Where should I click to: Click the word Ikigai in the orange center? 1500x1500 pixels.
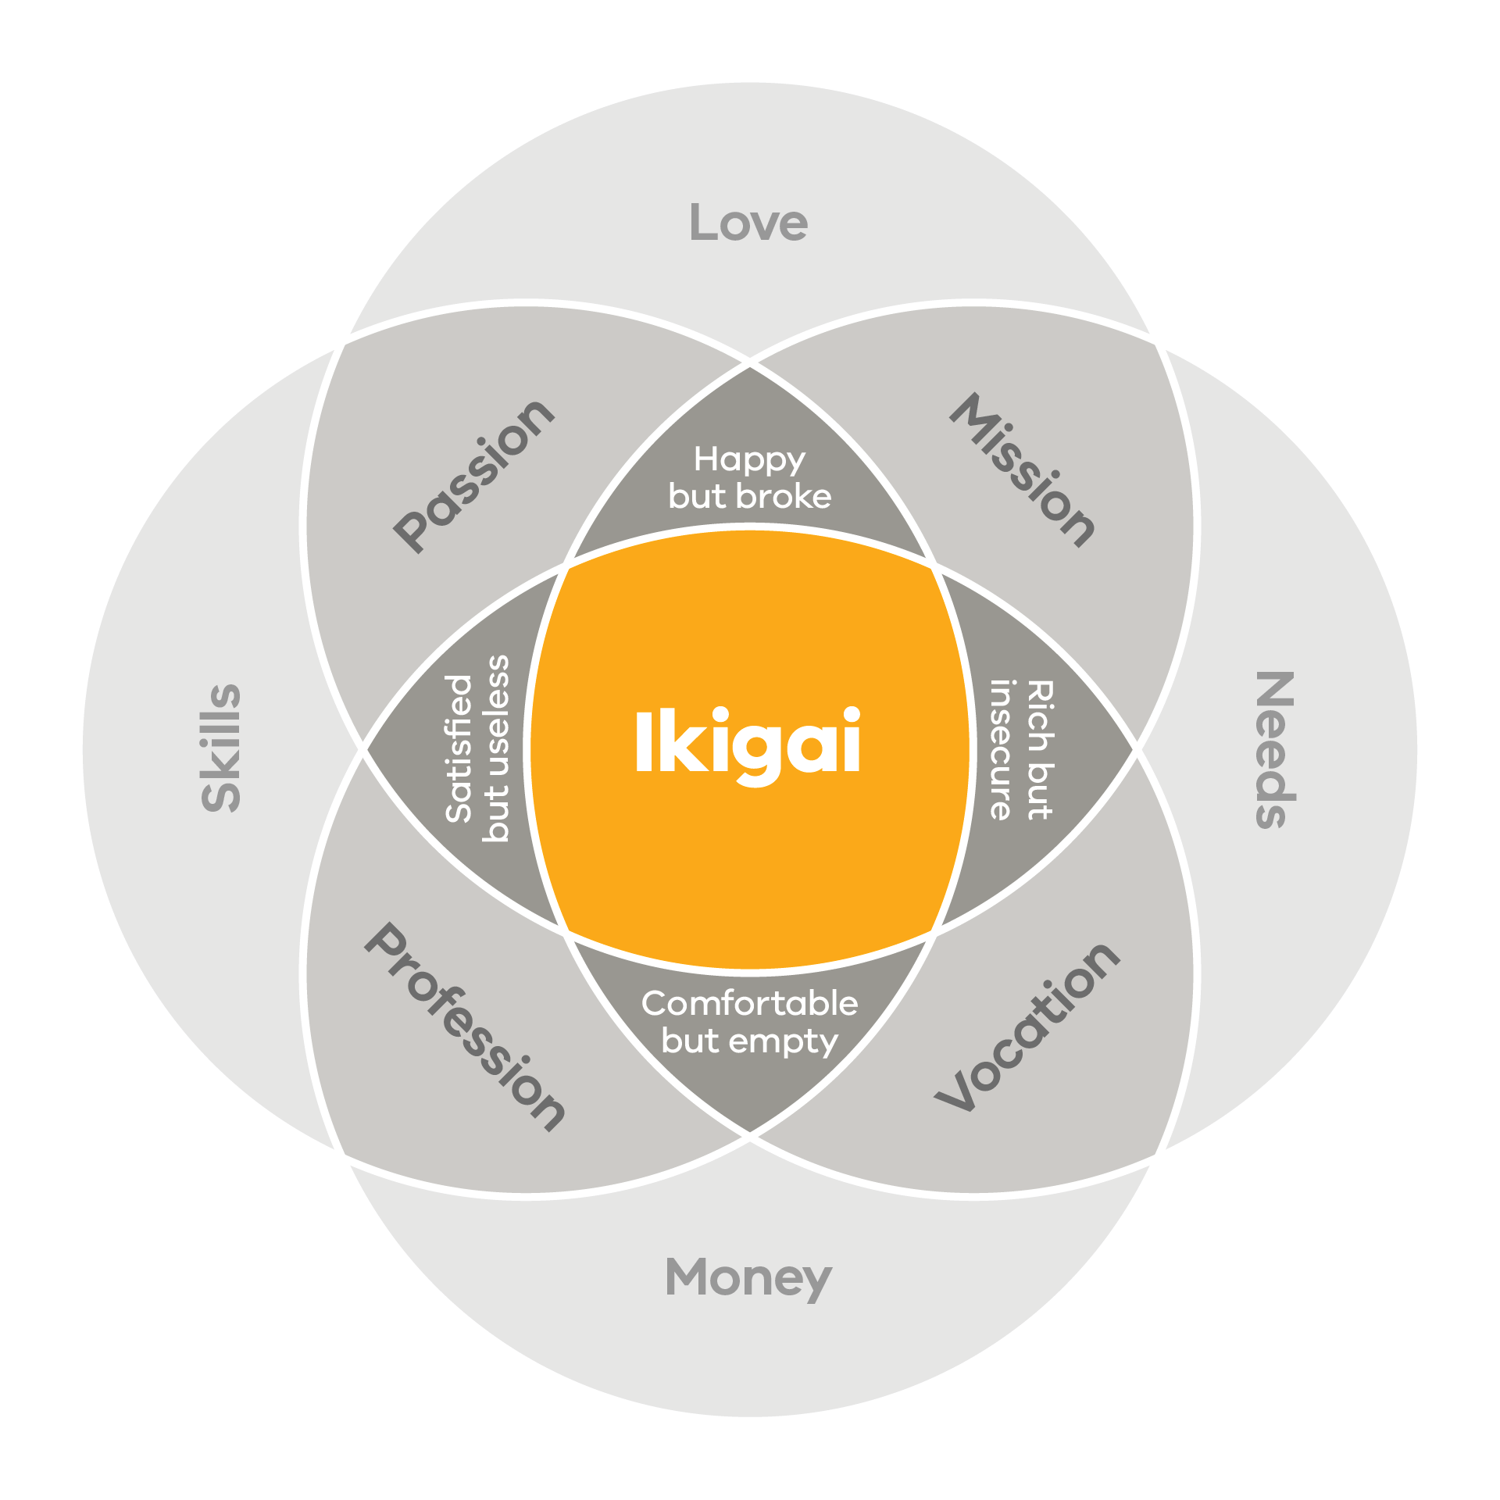(748, 742)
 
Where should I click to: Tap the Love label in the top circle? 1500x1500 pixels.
(748, 223)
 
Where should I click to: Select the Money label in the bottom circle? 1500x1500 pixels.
(748, 1278)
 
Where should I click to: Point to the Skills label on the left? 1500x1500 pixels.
(221, 748)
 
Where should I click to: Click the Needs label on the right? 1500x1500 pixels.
(1275, 749)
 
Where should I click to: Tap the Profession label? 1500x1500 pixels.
(466, 1027)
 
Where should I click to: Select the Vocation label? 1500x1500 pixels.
(1028, 1027)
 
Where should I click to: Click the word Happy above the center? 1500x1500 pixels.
(749, 460)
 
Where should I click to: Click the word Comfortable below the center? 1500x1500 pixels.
(749, 1004)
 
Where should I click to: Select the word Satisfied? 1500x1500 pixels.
(459, 748)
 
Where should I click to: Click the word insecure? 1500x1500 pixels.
(1002, 750)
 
